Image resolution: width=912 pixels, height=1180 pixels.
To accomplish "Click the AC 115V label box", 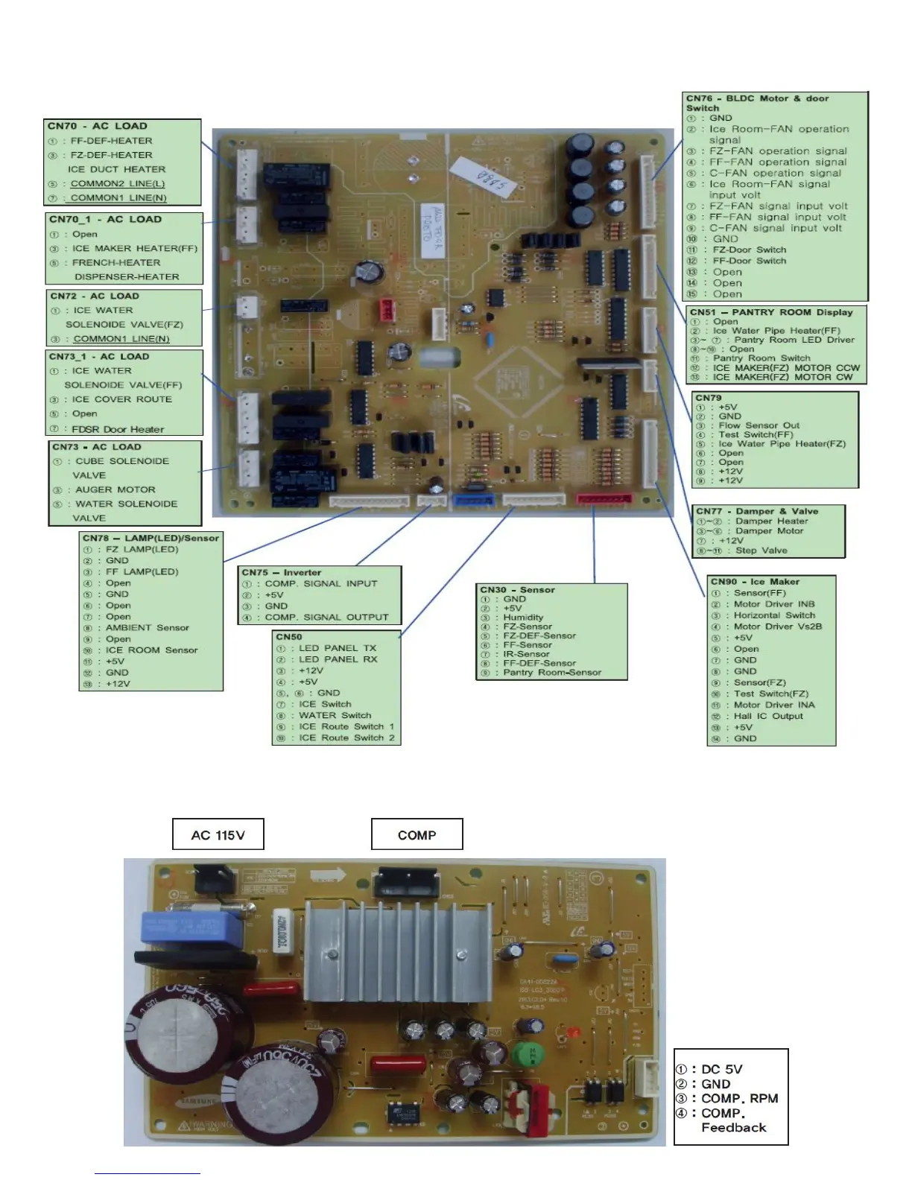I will pos(218,834).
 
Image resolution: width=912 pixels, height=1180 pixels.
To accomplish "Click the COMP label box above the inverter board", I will pos(417,834).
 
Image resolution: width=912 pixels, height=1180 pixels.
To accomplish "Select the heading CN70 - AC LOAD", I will pos(98,126).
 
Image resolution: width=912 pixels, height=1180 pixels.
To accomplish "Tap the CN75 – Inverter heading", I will pos(281,572).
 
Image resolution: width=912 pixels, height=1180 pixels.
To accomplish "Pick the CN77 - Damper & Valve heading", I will pos(757,511).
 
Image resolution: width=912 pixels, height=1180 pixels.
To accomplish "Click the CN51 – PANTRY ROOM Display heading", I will pos(770,312).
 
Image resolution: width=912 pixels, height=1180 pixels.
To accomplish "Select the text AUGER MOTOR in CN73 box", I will pos(115,489).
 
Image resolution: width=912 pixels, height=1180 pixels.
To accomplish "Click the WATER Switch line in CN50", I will pos(335,715).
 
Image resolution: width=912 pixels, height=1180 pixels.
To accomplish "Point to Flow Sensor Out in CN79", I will pos(759,425).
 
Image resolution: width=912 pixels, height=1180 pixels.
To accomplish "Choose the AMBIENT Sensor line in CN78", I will pos(147,627).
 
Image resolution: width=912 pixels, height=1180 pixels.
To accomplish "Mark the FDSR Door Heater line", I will pos(117,429).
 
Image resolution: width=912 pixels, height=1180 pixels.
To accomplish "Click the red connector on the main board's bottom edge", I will pos(604,498).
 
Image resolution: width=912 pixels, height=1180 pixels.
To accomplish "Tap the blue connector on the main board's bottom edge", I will pos(473,500).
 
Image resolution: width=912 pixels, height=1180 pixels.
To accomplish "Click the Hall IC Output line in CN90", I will pos(767,716).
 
